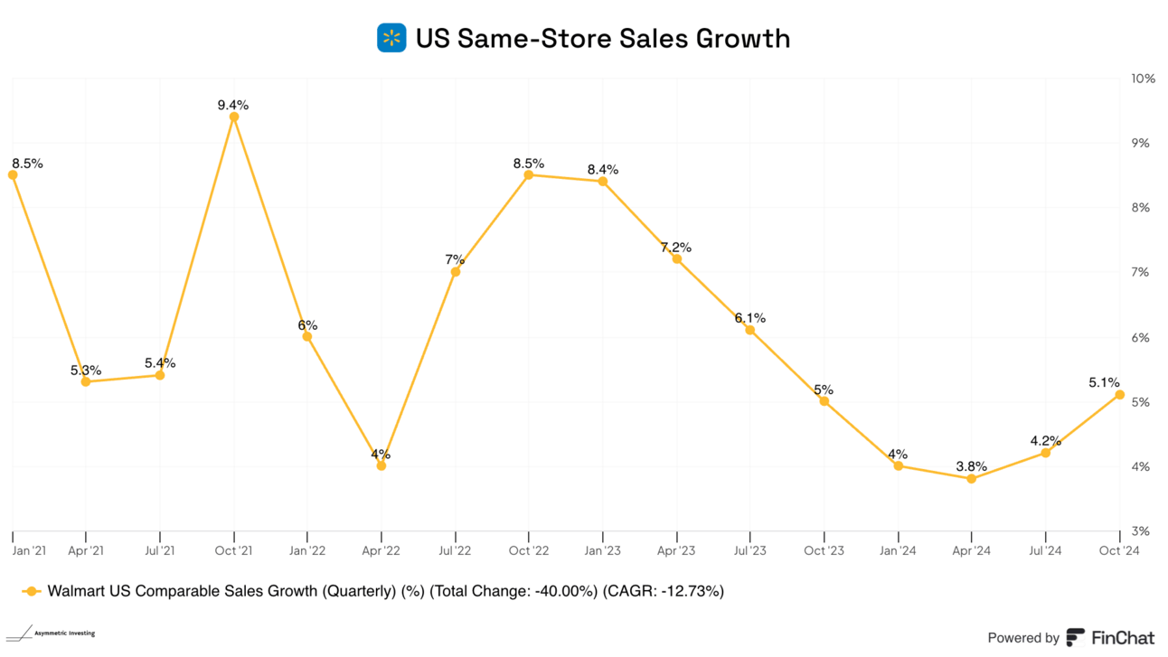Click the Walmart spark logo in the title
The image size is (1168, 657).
pos(391,38)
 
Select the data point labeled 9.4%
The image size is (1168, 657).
pos(234,117)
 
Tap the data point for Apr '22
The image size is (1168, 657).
pos(381,466)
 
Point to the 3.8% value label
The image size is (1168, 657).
pos(971,466)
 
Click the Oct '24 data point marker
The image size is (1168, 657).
pos(1119,395)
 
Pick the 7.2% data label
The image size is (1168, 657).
pos(676,247)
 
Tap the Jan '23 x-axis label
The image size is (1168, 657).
pos(602,549)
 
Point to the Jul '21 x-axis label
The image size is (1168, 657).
pos(159,549)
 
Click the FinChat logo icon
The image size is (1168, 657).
pos(1076,637)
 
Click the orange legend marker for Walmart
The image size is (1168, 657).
pos(32,592)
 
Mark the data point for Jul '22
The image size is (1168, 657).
pos(456,272)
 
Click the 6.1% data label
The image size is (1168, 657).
pos(750,318)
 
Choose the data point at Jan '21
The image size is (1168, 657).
pos(13,175)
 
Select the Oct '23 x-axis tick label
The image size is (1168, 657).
pos(824,549)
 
